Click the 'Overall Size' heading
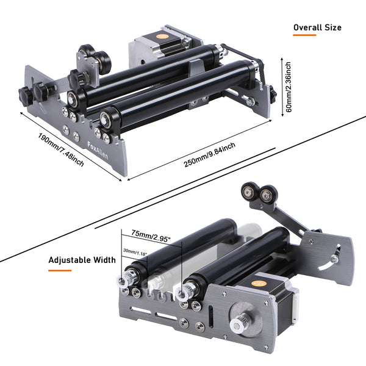coord(317,27)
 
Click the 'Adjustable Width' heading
coord(82,260)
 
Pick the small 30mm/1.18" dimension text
coord(135,250)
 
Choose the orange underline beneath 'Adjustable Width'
coord(60,269)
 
